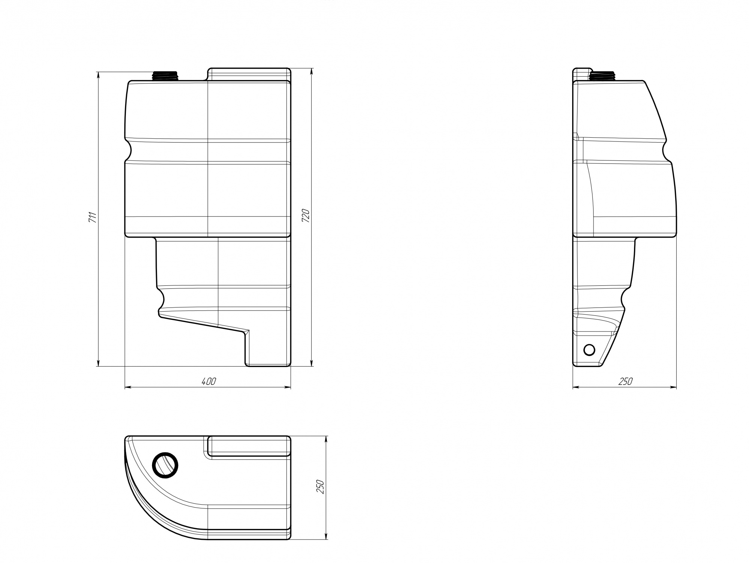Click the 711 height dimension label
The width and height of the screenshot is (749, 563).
click(x=93, y=218)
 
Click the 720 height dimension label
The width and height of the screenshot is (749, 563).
click(x=306, y=216)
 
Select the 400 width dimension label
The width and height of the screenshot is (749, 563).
click(x=209, y=382)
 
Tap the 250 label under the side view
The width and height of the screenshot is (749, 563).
click(x=625, y=382)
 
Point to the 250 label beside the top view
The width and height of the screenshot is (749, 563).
click(x=320, y=486)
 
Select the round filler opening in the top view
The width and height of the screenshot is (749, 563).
click(x=165, y=465)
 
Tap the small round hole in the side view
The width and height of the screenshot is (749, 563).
click(x=589, y=350)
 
